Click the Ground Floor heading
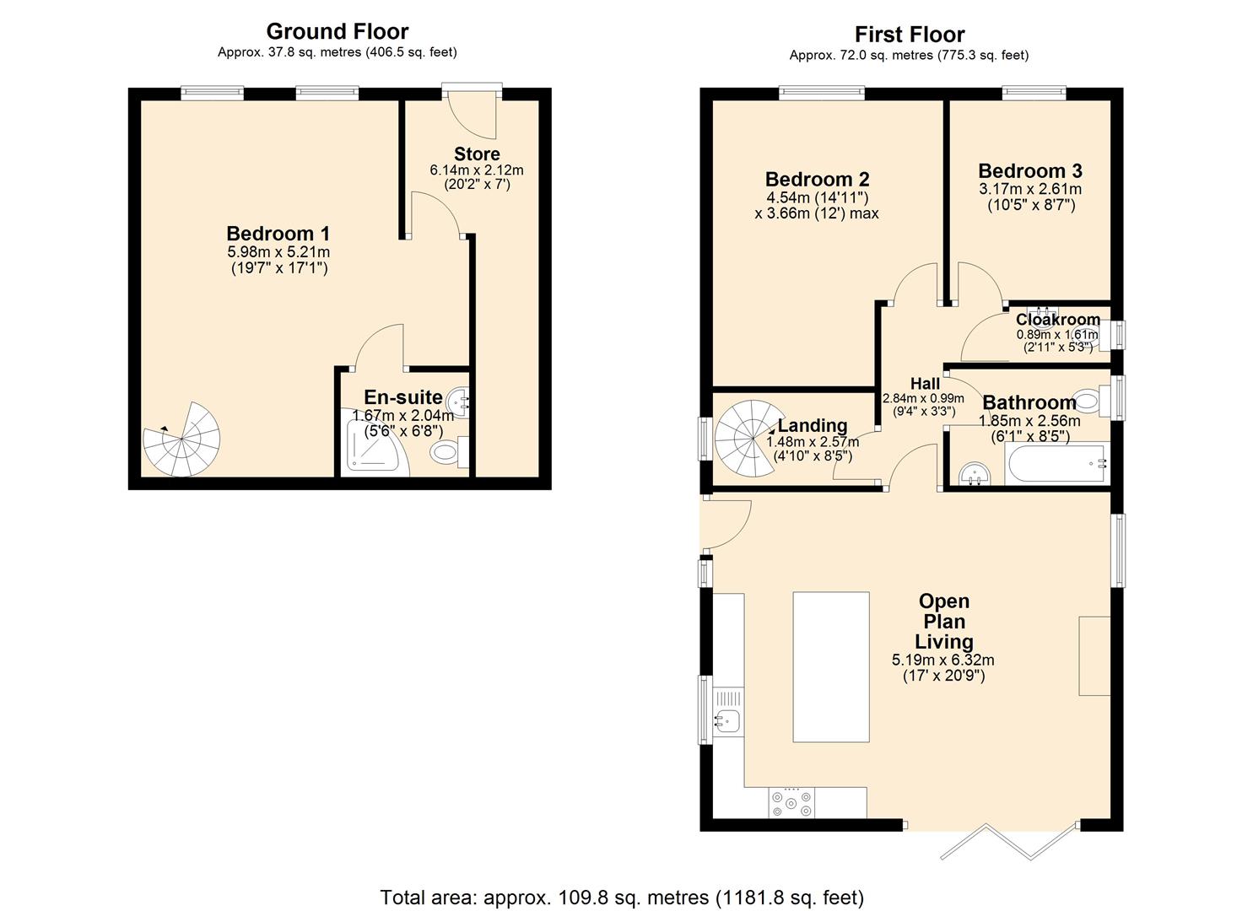tap(338, 31)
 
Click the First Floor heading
tap(909, 35)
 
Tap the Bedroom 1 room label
tap(278, 234)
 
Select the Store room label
tap(477, 154)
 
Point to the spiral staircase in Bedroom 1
tap(182, 439)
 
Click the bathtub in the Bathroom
tap(1056, 464)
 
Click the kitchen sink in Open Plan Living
tap(727, 720)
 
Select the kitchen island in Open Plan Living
tap(831, 666)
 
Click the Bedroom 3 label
tap(1030, 171)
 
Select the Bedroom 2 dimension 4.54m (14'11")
tap(816, 197)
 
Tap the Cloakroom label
tap(1057, 320)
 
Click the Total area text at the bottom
tap(622, 897)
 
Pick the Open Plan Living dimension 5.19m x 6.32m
tap(942, 660)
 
